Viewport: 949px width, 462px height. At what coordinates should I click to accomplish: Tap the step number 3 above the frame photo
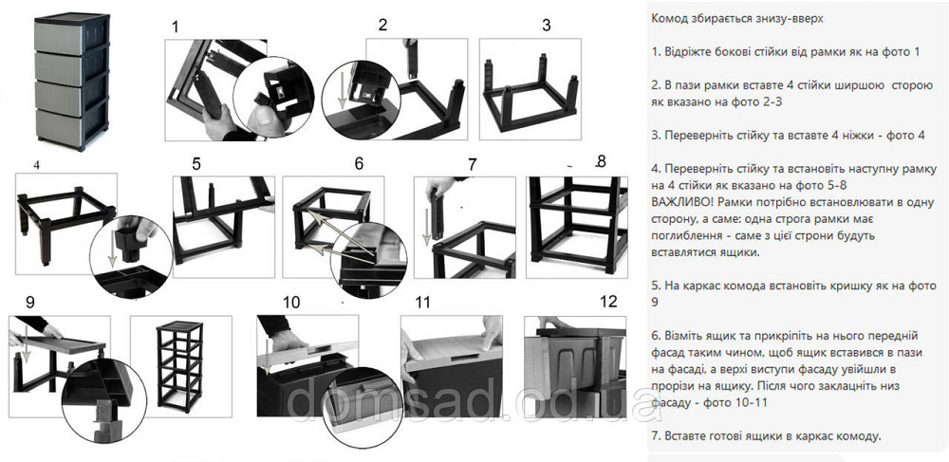[546, 25]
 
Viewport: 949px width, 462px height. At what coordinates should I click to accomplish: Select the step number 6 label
[358, 163]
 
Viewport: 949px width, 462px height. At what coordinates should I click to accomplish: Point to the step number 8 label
[601, 161]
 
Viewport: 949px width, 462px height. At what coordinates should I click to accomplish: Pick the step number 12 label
[607, 302]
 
